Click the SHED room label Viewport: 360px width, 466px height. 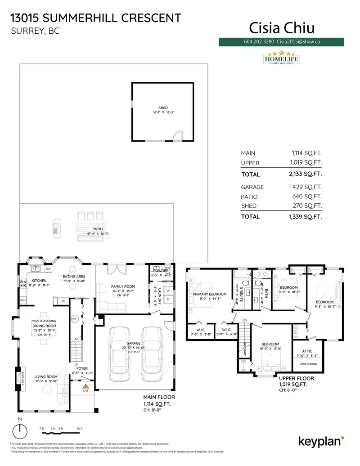[163, 108]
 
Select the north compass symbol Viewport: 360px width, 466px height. [19, 432]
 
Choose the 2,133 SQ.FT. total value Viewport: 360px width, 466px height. [306, 174]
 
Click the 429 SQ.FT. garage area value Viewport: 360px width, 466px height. [306, 187]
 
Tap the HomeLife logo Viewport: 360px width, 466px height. [280, 58]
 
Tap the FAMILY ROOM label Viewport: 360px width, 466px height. [123, 286]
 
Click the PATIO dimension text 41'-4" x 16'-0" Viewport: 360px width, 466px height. [98, 234]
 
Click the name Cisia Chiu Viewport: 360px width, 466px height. [282, 28]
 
